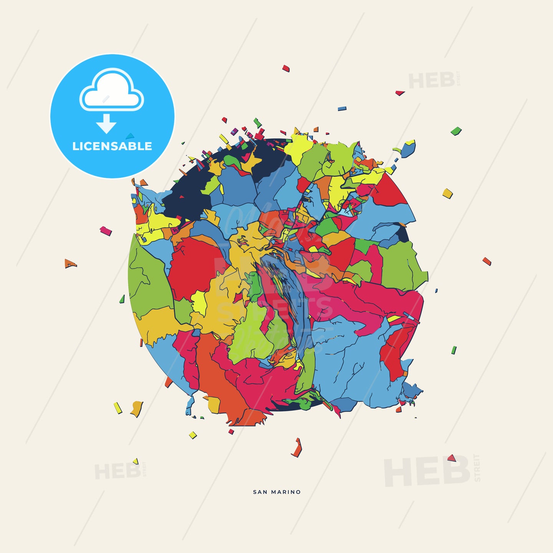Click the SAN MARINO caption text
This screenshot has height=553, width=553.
[277, 492]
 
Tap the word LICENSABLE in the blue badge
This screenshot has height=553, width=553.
[112, 146]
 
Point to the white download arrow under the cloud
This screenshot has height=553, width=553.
[106, 124]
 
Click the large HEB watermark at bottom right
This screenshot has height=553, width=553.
[427, 472]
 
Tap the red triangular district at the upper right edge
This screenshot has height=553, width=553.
[390, 192]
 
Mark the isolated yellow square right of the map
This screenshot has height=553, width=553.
[447, 193]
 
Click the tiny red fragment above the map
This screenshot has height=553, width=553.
[286, 68]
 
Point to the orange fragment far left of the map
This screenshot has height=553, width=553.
[70, 263]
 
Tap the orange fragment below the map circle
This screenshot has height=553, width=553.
[297, 449]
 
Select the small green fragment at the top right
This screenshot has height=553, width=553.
[456, 131]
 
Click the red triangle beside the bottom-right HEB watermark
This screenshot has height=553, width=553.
[452, 458]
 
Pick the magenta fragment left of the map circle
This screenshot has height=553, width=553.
[106, 231]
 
